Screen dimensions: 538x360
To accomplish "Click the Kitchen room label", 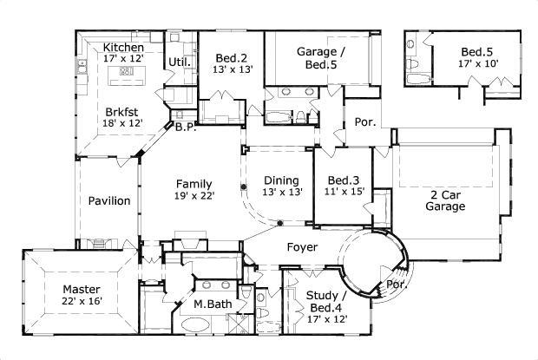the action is tap(123, 48).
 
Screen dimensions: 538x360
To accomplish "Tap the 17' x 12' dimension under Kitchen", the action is tap(123, 58).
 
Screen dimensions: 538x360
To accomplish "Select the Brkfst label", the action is tap(121, 112).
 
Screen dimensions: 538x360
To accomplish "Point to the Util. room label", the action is tap(180, 62).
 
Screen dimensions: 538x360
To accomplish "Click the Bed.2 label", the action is tap(232, 58).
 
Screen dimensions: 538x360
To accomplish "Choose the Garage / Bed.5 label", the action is tap(321, 58).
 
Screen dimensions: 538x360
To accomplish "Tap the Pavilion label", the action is tap(109, 200).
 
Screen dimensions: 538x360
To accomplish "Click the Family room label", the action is tap(194, 184).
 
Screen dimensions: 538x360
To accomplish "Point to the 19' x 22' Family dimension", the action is tap(194, 196).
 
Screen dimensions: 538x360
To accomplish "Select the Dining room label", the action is tap(281, 180).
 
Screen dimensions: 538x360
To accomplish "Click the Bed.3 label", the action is tap(344, 180).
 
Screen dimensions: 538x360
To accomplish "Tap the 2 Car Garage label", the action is tap(445, 200).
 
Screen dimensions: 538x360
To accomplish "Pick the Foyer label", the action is tap(302, 247).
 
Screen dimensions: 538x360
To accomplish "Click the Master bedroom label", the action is tap(82, 290).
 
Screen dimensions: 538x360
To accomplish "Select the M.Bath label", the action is tap(213, 304).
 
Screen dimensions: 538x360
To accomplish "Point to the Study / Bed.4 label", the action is tap(326, 301).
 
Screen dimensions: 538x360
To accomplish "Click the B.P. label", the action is tap(186, 128).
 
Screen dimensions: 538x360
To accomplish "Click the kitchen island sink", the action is tap(127, 71).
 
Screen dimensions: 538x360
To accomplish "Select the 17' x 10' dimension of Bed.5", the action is tap(478, 63).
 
